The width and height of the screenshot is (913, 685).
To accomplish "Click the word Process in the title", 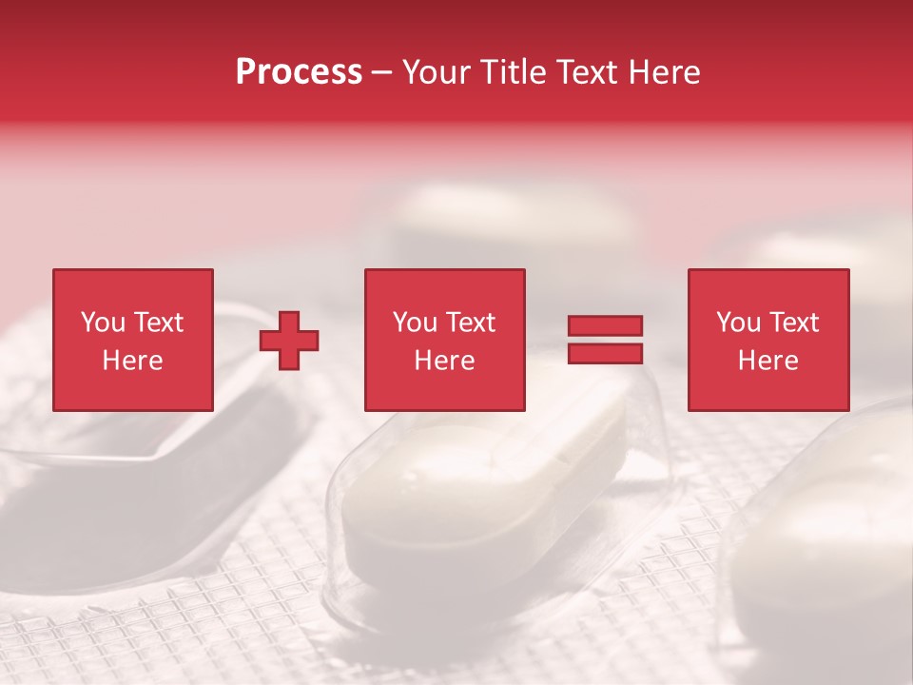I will pyautogui.click(x=299, y=72).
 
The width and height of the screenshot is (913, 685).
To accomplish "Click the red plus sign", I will pyautogui.click(x=289, y=341).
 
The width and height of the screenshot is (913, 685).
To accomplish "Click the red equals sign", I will pyautogui.click(x=605, y=340).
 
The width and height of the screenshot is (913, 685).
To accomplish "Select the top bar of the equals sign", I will pyautogui.click(x=605, y=326).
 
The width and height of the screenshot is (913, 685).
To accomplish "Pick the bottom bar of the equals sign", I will pyautogui.click(x=605, y=354).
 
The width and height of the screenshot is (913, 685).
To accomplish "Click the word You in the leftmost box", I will pyautogui.click(x=103, y=323).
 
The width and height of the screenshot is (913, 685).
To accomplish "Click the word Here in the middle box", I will pyautogui.click(x=444, y=361).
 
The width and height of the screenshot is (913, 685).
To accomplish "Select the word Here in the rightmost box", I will pyautogui.click(x=767, y=361).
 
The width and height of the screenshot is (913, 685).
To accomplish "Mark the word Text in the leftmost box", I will pyautogui.click(x=159, y=323).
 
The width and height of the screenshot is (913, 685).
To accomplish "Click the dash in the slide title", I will pyautogui.click(x=382, y=73).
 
